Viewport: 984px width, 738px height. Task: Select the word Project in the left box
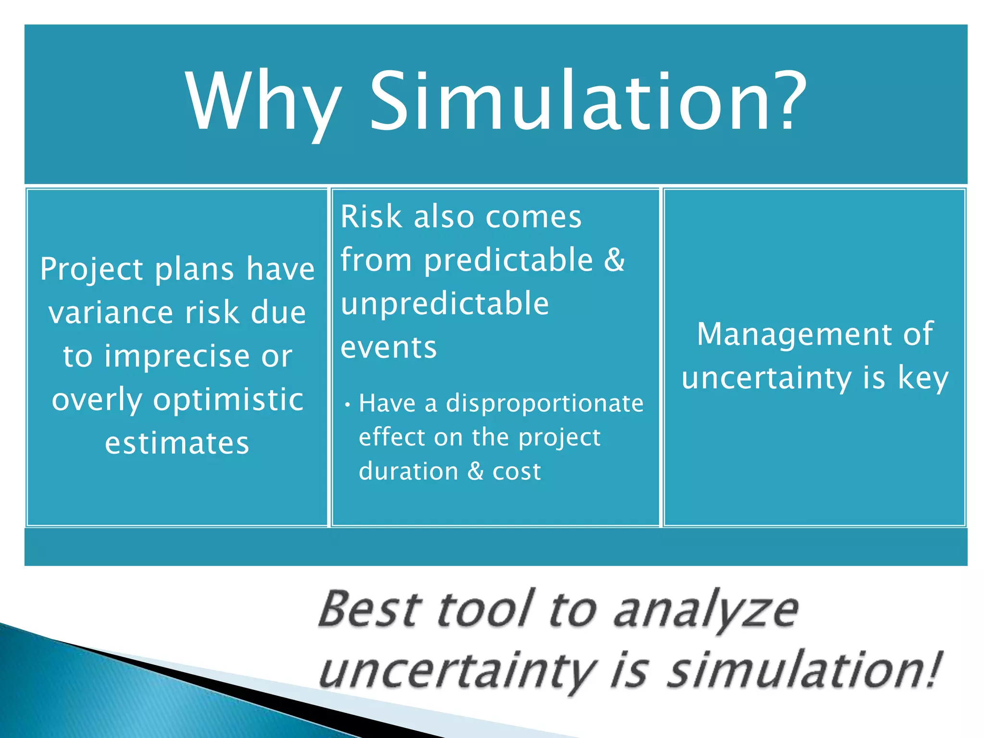(91, 269)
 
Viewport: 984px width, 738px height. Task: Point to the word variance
(111, 313)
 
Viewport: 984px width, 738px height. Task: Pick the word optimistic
(228, 399)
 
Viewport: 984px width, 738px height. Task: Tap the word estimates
(177, 443)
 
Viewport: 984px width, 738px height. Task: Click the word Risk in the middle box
(371, 217)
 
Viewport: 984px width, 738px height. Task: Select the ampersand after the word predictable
(614, 260)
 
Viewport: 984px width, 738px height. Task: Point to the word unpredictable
(444, 304)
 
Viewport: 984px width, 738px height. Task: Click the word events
(389, 347)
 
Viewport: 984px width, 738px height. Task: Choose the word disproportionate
(544, 404)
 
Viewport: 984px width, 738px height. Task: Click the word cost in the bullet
(517, 471)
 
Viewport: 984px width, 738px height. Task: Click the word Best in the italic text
(370, 609)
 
